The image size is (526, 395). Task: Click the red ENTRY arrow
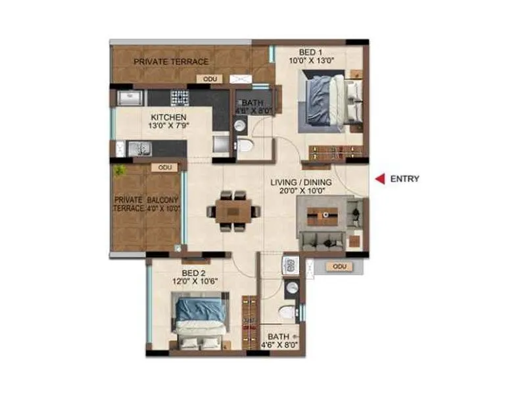pos(379,178)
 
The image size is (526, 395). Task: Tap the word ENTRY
pos(404,178)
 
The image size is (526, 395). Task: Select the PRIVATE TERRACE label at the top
pos(171,62)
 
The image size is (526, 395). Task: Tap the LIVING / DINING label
pos(302,182)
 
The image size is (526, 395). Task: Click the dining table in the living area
pos(233,211)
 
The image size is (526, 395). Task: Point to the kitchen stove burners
pos(179,98)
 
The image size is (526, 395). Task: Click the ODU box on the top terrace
pos(210,79)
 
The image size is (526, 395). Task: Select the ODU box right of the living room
pos(339,267)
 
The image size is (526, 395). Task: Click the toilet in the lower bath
pos(288,313)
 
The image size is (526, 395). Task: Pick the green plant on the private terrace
pos(119,171)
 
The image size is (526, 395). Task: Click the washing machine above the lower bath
pos(290,266)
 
